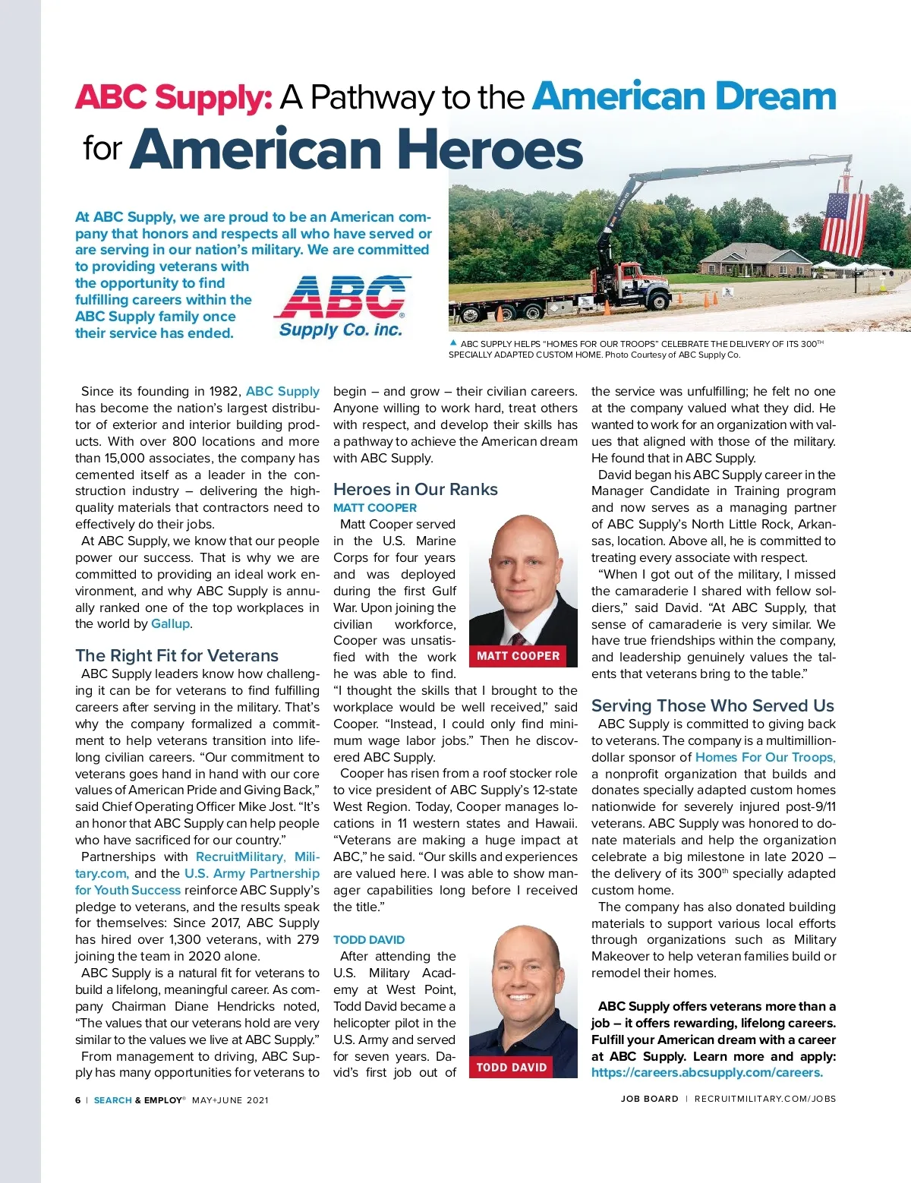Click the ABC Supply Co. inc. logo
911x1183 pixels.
pos(341,305)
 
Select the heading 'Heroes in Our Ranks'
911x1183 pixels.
pos(415,490)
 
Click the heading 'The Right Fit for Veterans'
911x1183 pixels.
pos(177,655)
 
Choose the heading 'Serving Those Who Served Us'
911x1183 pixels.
pos(712,705)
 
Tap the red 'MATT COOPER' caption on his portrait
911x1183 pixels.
pos(518,655)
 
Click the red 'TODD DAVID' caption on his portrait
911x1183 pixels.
pos(511,1067)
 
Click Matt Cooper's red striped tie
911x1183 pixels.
pos(519,638)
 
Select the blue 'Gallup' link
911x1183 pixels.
pos(171,623)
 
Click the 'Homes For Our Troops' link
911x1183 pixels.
pos(765,757)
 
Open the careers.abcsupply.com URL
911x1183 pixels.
pos(707,1072)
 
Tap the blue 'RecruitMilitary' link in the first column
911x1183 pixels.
pos(240,856)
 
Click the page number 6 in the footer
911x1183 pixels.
pos(77,1099)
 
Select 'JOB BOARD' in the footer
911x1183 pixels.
pos(649,1099)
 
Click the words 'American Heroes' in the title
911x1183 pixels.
pos(356,149)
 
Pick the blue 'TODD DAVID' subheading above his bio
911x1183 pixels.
pos(369,939)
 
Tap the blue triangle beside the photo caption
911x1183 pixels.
pos(453,343)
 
